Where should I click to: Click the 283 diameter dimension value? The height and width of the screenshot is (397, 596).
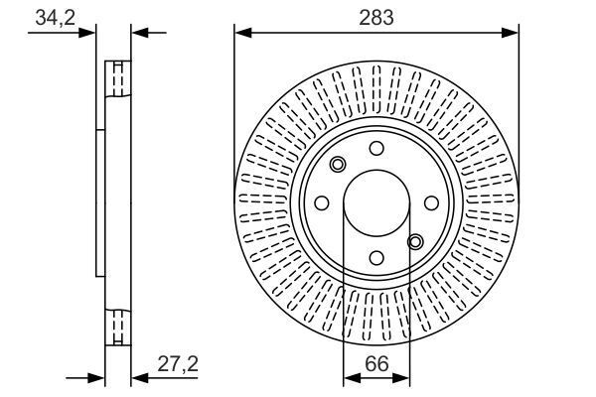point(376,17)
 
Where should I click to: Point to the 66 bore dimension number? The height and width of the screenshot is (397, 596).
point(376,363)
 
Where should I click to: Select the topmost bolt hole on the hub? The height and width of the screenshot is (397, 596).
point(376,148)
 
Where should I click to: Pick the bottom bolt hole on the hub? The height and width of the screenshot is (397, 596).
point(376,257)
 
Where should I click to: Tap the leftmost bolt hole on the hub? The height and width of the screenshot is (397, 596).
point(323,202)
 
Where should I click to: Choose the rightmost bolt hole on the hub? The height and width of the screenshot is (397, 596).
point(431,202)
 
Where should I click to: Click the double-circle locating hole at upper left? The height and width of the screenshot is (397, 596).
point(338,165)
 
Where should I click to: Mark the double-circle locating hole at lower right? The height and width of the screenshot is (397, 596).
point(415,240)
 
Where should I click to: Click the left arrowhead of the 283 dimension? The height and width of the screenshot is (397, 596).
point(240,33)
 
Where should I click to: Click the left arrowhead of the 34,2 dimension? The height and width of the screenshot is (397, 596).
point(89,33)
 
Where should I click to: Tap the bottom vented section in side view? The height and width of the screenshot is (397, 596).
point(118,327)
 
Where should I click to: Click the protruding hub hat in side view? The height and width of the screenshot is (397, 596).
point(99,202)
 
